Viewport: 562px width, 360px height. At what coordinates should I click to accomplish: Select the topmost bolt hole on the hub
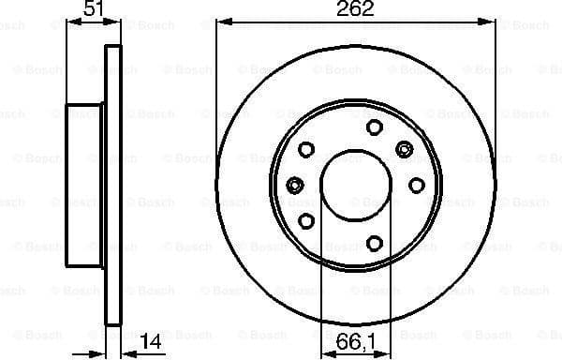[x=374, y=128]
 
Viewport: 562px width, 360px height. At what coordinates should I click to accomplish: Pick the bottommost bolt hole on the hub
[x=374, y=244]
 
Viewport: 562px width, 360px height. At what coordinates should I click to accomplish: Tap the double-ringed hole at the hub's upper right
[x=405, y=148]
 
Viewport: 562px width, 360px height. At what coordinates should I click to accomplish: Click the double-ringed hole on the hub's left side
[x=294, y=185]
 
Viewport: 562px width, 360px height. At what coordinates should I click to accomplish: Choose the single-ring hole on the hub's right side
[x=416, y=186]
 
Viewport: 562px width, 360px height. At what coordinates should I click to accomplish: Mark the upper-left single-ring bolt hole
[x=306, y=148]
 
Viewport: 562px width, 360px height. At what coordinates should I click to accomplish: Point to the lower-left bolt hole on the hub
[x=306, y=220]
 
